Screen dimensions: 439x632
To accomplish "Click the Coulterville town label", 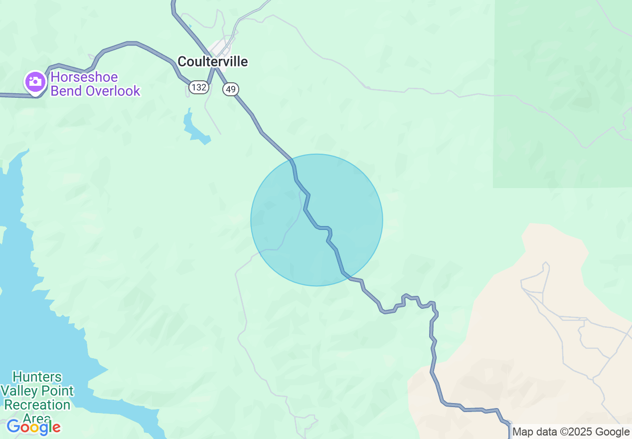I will point(212,61).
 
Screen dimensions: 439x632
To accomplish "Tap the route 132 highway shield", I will point(198,87).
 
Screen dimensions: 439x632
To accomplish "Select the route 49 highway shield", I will point(230,89).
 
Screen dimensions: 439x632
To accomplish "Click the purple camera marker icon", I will point(35,81).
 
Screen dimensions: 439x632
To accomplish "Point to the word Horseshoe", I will point(84,77).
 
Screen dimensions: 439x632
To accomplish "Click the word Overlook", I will point(114,91).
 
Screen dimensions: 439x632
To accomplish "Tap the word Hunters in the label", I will point(37,377).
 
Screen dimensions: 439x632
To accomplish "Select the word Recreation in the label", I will point(37,405).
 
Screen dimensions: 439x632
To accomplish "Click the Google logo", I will point(33,427).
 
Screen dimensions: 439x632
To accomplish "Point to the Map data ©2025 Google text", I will point(571,432).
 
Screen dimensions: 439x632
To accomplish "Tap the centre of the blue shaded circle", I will point(316,220).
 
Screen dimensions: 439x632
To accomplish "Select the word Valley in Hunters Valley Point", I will point(23,391).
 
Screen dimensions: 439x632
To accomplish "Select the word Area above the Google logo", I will point(37,418).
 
